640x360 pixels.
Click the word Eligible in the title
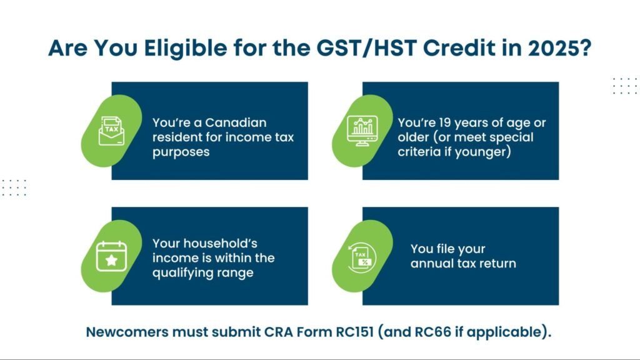[x=189, y=48]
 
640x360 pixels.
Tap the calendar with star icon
[x=111, y=256]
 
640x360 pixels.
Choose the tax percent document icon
[x=362, y=256]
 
